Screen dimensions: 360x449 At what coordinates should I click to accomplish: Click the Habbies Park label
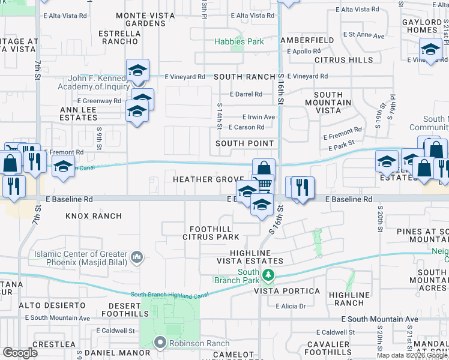point(240,41)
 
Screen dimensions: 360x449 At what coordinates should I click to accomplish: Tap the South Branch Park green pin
point(268,275)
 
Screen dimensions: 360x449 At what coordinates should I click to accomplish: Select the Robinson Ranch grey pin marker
point(160,343)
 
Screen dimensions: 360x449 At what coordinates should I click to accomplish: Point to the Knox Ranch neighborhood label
point(93,215)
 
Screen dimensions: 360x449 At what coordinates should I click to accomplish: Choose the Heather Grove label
point(200,179)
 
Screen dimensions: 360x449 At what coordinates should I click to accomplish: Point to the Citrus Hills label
point(344,60)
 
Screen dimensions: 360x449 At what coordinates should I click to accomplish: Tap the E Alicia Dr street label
point(291,306)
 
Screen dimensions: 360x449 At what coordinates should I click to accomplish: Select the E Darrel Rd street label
point(246,94)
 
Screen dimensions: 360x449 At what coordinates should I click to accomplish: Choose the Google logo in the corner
point(20,353)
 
